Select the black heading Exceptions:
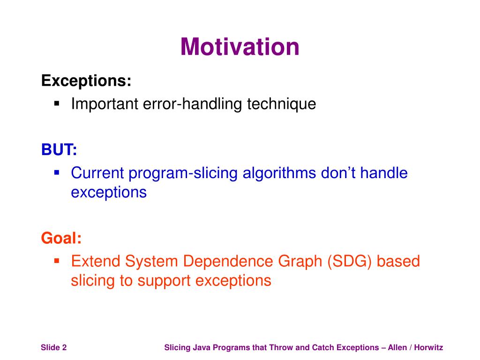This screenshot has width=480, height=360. point(86,81)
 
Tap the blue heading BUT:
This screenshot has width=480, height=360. point(59,150)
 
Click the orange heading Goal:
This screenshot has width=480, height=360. point(61,238)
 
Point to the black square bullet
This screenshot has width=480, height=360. point(57,104)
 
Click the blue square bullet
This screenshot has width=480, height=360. point(57,172)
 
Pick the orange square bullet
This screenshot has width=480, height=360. point(57,261)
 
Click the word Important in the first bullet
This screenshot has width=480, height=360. point(105,104)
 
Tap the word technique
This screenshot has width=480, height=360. point(282,104)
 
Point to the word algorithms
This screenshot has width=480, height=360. point(279,173)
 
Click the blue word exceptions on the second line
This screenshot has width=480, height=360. point(109,193)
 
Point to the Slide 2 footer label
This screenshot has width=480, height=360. point(53,347)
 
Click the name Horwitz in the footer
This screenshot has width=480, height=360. point(428,347)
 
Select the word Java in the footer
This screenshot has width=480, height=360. point(201,347)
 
